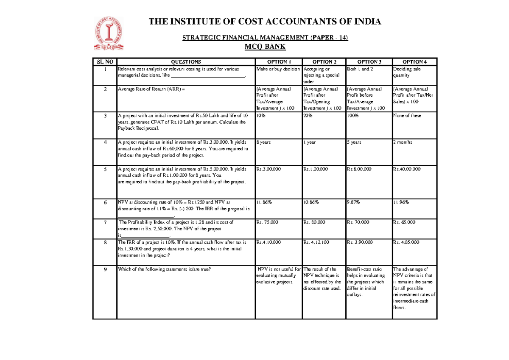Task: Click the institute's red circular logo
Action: (x=109, y=34)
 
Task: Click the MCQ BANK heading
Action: (x=265, y=47)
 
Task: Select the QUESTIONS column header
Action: (x=186, y=62)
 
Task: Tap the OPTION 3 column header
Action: (x=369, y=62)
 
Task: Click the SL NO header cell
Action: (x=105, y=62)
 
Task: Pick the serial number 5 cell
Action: (x=105, y=169)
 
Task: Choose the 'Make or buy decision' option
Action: (x=278, y=69)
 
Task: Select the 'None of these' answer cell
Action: (x=407, y=116)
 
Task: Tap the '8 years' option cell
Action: (x=264, y=142)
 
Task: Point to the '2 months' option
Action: (x=403, y=142)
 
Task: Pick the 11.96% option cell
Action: (x=402, y=202)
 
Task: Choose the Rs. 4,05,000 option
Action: (x=406, y=242)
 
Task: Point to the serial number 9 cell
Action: (x=105, y=269)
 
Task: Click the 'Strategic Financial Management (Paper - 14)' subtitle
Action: (x=265, y=38)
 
